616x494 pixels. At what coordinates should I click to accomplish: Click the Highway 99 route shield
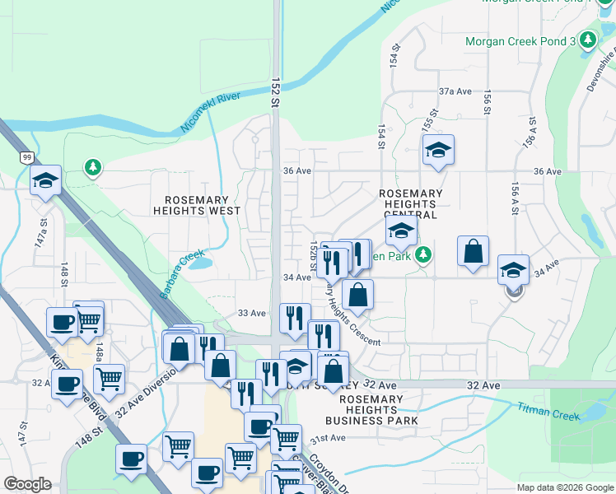tap(27, 156)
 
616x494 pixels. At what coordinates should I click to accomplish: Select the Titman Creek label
tap(550, 408)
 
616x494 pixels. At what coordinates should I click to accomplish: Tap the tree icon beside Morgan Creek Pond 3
tap(587, 40)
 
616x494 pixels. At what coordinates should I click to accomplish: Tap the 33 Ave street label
tap(251, 313)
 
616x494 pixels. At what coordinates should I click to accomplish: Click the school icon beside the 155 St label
tap(439, 150)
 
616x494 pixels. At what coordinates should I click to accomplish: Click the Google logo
tap(27, 484)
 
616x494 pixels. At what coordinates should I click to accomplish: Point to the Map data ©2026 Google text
tap(564, 487)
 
